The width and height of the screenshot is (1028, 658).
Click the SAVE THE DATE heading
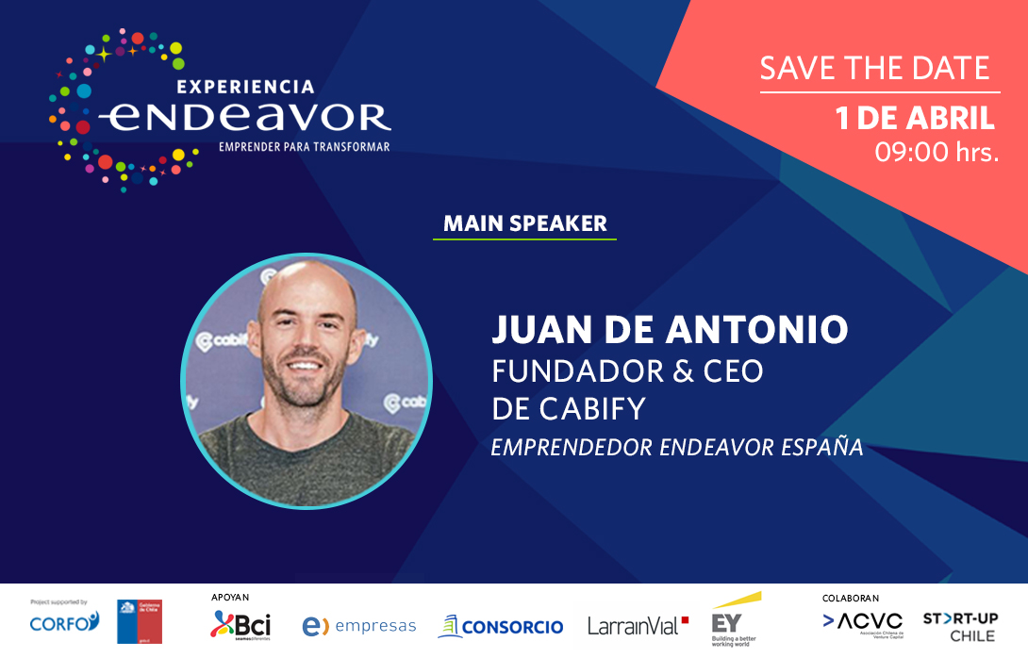875,69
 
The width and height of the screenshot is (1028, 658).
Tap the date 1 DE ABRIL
915,119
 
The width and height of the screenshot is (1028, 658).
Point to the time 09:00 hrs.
937,152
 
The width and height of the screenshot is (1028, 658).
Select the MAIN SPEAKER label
524,223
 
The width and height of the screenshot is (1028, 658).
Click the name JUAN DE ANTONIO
670,330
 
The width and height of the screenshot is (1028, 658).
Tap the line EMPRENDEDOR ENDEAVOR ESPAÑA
677,447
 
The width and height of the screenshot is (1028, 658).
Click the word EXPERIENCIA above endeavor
244,87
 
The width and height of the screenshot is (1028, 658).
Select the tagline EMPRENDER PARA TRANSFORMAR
304,147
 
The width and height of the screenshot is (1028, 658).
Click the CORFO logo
63,622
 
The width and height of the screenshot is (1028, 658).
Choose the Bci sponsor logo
240,624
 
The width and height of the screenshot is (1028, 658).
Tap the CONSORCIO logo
501,626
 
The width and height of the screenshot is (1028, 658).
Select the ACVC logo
862,623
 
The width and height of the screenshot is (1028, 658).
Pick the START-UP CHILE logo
959,627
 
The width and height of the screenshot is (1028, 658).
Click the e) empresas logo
358,626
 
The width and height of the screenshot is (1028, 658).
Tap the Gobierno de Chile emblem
140,620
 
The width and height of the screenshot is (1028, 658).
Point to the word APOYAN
230,597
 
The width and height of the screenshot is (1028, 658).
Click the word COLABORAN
850,598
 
